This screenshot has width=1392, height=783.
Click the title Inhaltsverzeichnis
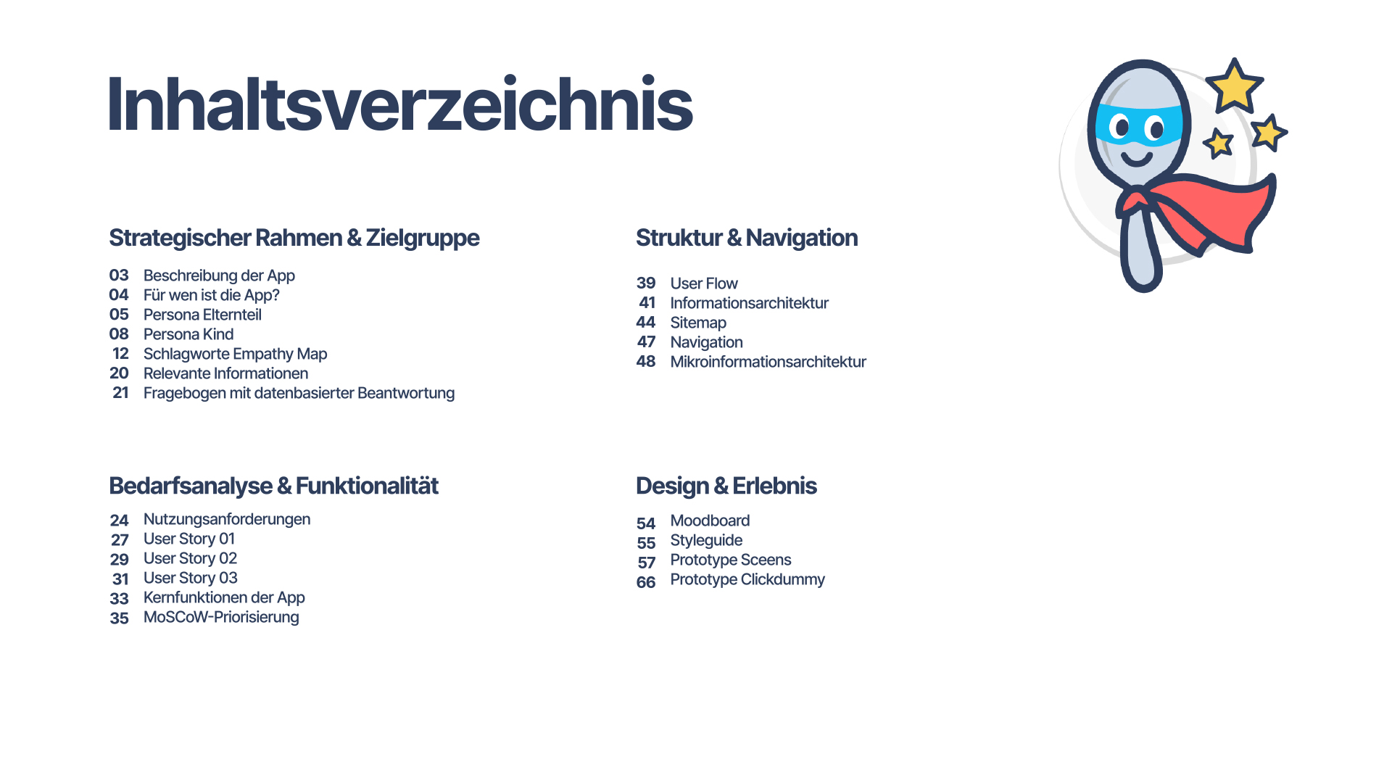coord(401,105)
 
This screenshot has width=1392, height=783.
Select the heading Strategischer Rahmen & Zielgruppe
coord(294,238)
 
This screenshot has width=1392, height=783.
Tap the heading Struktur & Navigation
coord(747,238)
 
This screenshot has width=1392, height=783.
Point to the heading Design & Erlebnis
coord(726,486)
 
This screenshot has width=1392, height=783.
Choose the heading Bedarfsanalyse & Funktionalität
coord(273,486)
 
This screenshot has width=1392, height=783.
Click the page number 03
coord(119,275)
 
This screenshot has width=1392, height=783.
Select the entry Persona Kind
coord(188,334)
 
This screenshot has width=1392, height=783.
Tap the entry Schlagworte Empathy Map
coord(235,354)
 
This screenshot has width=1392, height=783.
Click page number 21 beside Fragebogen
coord(120,393)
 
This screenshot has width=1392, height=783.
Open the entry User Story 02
coord(190,558)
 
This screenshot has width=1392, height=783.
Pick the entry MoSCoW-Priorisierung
coord(221,617)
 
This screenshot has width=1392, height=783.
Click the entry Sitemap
coord(698,323)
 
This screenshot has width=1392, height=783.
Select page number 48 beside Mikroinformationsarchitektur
coord(646,362)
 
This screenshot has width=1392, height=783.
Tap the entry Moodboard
coord(710,521)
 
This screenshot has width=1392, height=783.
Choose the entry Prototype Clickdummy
coord(747,579)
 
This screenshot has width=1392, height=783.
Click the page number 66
coord(646,582)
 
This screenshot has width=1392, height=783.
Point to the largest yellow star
coord(1234,86)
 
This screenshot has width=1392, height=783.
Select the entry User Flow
coord(704,283)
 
